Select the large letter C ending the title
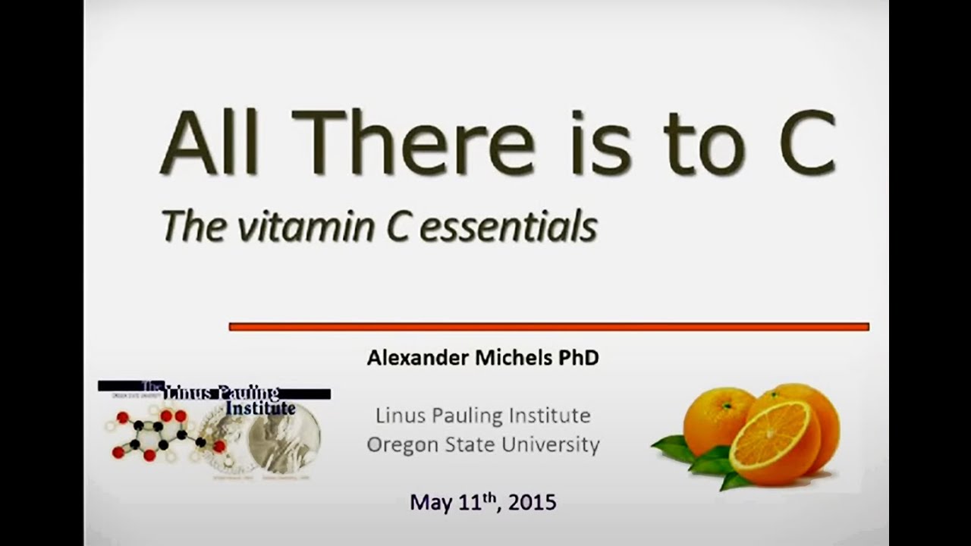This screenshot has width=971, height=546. tap(806, 143)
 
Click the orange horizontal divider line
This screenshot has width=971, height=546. tap(548, 327)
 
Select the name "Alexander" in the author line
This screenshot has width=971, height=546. tap(418, 358)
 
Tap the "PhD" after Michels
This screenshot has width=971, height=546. tap(579, 358)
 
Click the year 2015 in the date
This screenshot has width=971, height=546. tap(533, 502)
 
